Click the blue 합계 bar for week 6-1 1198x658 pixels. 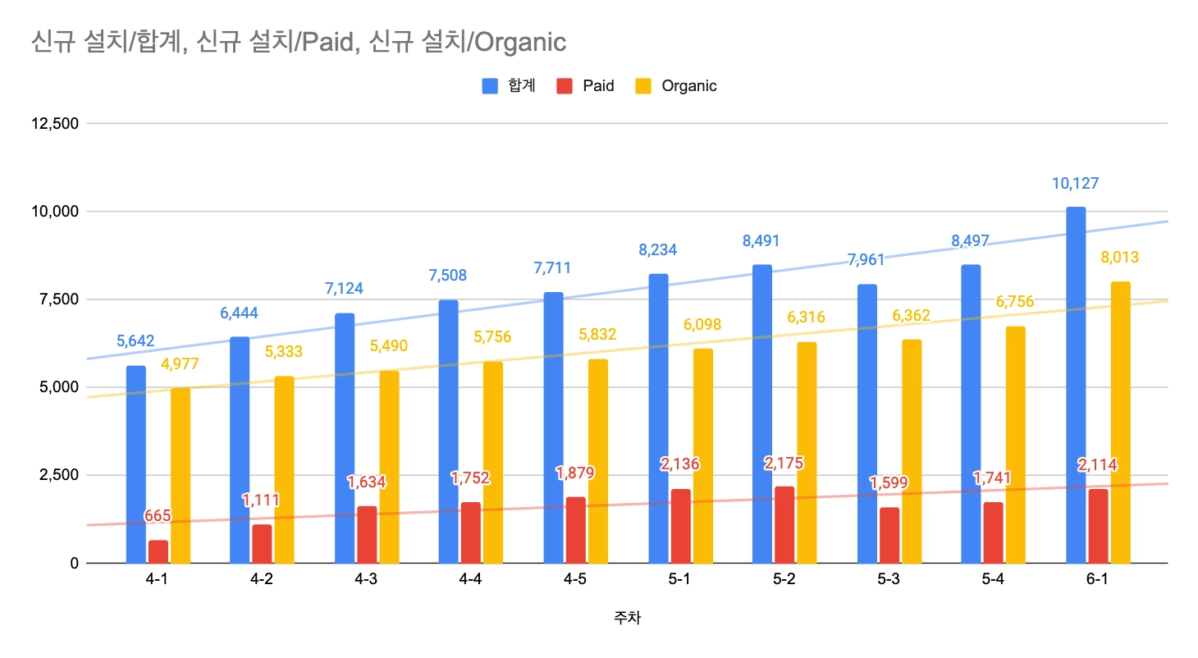(1075, 386)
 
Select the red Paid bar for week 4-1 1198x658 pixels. (158, 551)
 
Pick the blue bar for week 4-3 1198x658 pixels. (345, 438)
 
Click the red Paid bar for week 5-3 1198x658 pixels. (889, 535)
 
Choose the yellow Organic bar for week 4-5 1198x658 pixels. (598, 461)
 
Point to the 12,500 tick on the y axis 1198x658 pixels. (53, 124)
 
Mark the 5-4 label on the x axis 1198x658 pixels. (992, 580)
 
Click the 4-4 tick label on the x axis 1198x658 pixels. (470, 580)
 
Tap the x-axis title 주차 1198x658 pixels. (627, 618)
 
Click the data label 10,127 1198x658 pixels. (1075, 184)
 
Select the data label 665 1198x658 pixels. (158, 516)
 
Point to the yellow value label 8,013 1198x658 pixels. (1119, 258)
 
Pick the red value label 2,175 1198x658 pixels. (784, 464)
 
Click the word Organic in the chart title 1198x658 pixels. (518, 41)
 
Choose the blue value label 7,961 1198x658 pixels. (866, 261)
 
